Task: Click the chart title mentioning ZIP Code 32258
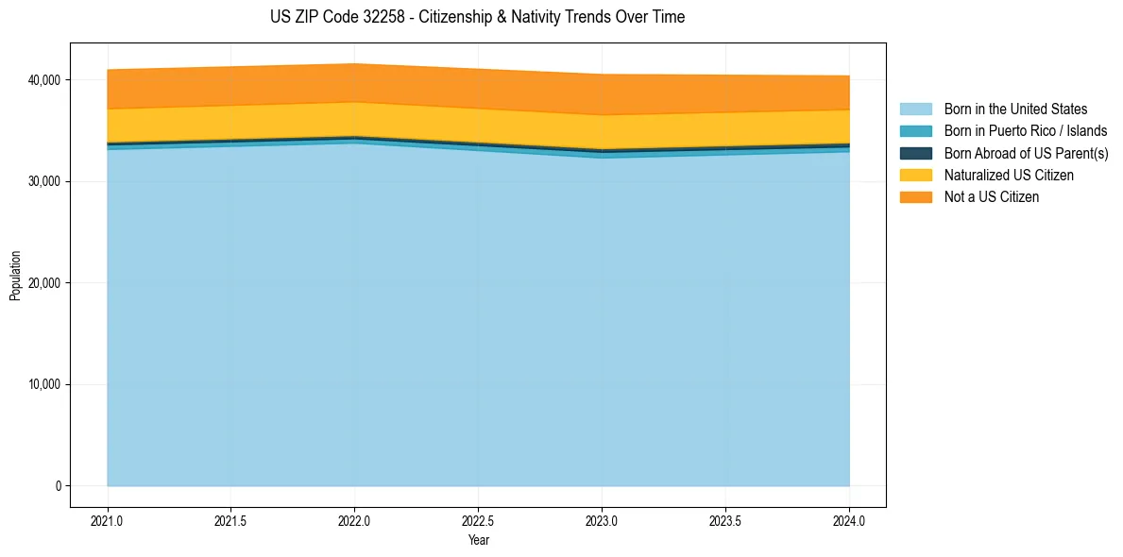(477, 17)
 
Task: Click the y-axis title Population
(15, 275)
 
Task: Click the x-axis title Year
(478, 540)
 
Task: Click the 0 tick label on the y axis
(58, 486)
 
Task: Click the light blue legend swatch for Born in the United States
(915, 110)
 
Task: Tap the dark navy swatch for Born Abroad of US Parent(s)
(915, 153)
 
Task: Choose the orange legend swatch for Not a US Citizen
(915, 197)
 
